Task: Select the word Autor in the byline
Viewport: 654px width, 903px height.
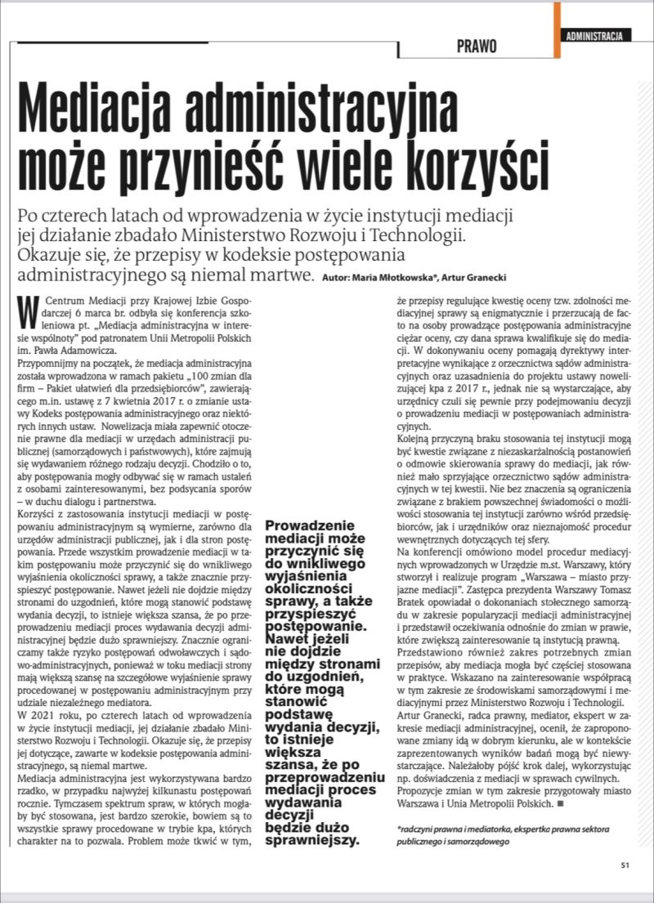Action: click(x=336, y=278)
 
